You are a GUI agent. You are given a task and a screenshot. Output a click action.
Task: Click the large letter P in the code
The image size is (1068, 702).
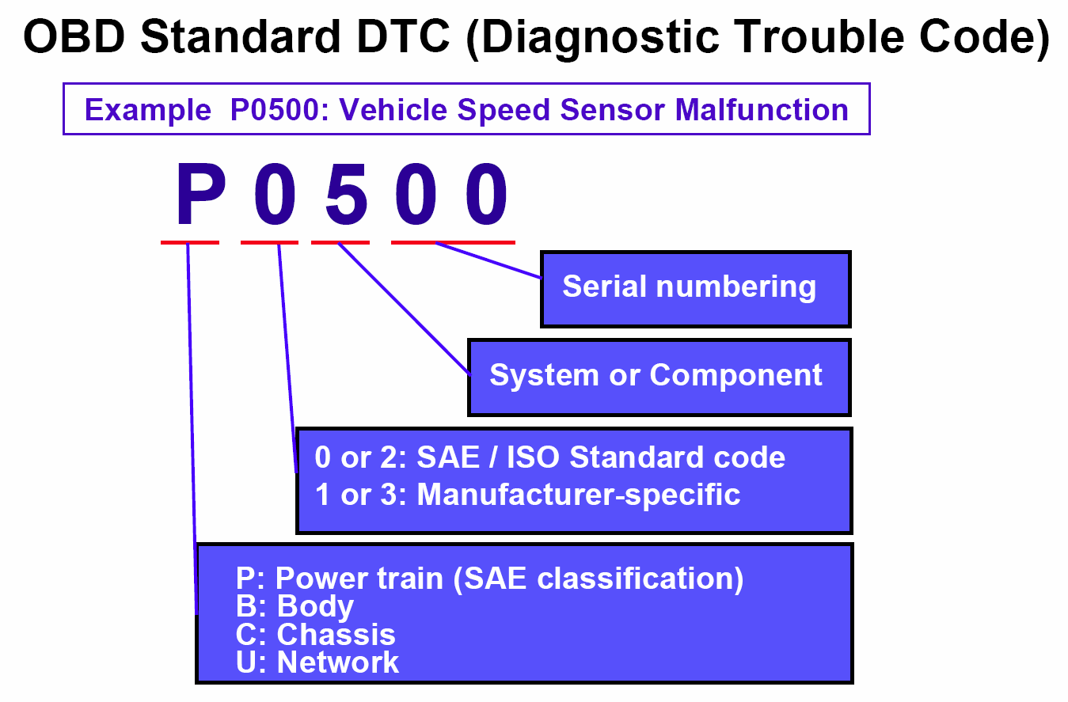(x=201, y=193)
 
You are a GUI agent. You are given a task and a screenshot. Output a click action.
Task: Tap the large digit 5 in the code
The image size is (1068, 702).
(x=346, y=193)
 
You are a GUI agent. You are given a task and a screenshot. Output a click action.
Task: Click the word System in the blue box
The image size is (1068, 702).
(x=544, y=376)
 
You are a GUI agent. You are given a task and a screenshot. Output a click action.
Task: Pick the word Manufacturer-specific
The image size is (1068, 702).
(x=579, y=494)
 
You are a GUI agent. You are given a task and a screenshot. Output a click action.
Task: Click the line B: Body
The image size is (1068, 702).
(x=295, y=607)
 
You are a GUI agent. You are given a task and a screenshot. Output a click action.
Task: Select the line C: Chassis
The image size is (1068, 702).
(x=316, y=634)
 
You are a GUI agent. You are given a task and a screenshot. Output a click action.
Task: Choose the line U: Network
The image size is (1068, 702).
(x=317, y=662)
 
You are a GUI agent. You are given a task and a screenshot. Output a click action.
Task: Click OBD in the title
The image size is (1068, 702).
(x=74, y=36)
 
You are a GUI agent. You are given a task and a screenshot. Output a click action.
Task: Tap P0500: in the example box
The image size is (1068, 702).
(x=279, y=110)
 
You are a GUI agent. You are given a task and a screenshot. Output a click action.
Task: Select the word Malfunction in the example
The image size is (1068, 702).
(x=762, y=110)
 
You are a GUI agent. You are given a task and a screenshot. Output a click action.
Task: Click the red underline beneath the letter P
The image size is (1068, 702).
(x=190, y=243)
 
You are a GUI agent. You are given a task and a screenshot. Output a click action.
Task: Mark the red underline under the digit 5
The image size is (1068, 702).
(x=340, y=243)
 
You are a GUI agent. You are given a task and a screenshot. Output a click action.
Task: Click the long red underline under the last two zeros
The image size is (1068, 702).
(x=453, y=243)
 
